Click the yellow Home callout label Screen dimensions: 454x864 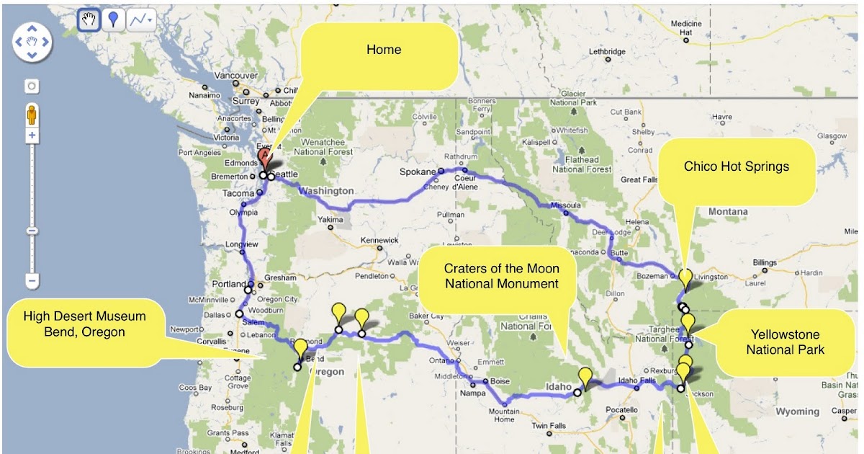[x=384, y=50]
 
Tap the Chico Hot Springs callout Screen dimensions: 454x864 [x=737, y=166]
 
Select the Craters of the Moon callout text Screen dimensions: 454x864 [x=501, y=276]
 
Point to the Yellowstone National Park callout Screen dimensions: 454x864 [x=785, y=342]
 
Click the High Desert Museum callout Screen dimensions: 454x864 [x=84, y=324]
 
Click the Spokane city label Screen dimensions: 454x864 [x=418, y=172]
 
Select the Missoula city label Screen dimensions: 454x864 [x=565, y=205]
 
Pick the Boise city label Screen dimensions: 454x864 [x=500, y=381]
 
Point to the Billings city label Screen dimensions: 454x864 [x=765, y=262]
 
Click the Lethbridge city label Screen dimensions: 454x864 [x=606, y=52]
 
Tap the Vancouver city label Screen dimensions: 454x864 [x=236, y=76]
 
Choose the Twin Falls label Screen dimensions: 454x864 [x=548, y=426]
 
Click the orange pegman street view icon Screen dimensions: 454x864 [x=32, y=115]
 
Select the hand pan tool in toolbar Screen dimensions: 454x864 [x=89, y=20]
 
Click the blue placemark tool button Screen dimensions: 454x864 [x=113, y=20]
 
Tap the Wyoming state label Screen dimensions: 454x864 [x=797, y=411]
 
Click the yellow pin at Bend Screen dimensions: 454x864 [x=300, y=349]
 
